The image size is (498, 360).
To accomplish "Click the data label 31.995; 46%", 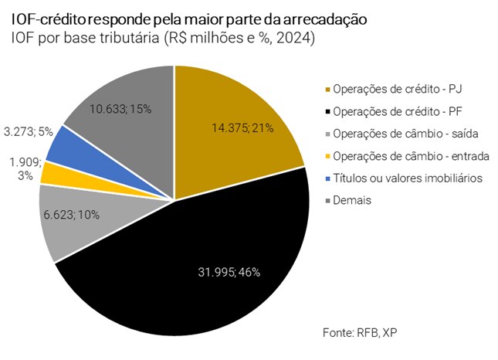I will coord(228,271).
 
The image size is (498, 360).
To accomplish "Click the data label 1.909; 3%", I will coord(25,169).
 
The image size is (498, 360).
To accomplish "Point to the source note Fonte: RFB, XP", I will coord(359,332).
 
